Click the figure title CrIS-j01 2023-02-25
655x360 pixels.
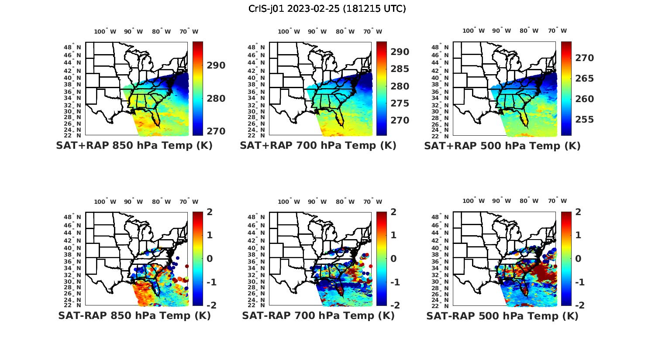click(327, 8)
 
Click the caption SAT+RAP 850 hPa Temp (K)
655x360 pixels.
click(134, 146)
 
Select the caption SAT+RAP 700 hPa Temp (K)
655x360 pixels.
click(318, 146)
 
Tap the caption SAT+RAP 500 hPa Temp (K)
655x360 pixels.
click(502, 146)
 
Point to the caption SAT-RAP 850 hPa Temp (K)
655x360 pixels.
click(134, 315)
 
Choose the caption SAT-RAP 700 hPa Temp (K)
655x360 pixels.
click(318, 315)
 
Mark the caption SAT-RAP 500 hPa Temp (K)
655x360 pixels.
click(502, 315)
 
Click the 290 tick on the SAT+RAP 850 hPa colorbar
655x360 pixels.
click(216, 65)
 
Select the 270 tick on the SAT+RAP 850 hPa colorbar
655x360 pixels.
click(216, 131)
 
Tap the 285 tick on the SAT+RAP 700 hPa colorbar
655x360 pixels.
click(400, 69)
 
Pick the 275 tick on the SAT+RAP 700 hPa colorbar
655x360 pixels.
click(400, 103)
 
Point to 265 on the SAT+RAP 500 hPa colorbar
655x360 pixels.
click(584, 79)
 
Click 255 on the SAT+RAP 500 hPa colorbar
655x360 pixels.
click(584, 120)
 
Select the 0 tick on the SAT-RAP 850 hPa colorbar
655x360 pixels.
click(209, 258)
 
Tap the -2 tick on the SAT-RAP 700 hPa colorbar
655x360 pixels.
click(394, 305)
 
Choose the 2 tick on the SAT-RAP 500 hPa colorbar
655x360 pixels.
click(578, 212)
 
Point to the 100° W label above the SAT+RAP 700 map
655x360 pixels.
click(289, 31)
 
